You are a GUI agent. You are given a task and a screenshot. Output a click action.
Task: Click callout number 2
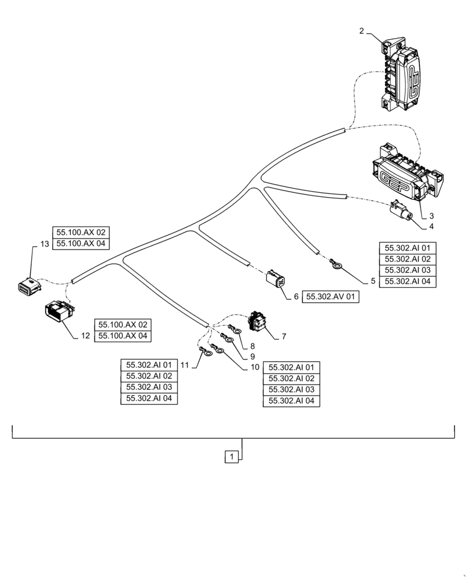[x=361, y=31]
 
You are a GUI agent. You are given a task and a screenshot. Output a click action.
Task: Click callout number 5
[x=373, y=281]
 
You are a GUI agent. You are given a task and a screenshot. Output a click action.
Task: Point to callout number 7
[x=284, y=335]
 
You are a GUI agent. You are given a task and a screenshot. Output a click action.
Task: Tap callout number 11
[x=185, y=365]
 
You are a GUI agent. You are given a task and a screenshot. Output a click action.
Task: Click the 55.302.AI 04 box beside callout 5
[x=407, y=281]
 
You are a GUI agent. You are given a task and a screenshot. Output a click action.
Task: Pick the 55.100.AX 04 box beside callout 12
[x=123, y=336]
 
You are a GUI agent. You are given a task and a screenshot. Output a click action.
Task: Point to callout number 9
[x=253, y=357]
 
